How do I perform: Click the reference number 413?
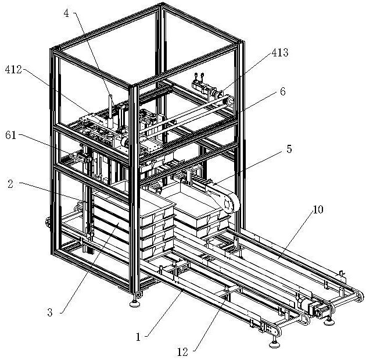click(280, 52)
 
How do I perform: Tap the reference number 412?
click(13, 69)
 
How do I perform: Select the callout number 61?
click(10, 136)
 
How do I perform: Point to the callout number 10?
click(318, 209)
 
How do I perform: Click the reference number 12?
click(182, 352)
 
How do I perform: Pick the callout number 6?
click(283, 91)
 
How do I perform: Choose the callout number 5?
click(289, 149)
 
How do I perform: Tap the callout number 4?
click(67, 13)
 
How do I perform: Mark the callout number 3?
click(50, 312)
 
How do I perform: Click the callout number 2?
click(10, 184)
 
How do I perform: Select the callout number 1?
click(138, 337)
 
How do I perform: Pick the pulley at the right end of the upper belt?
click(229, 101)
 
